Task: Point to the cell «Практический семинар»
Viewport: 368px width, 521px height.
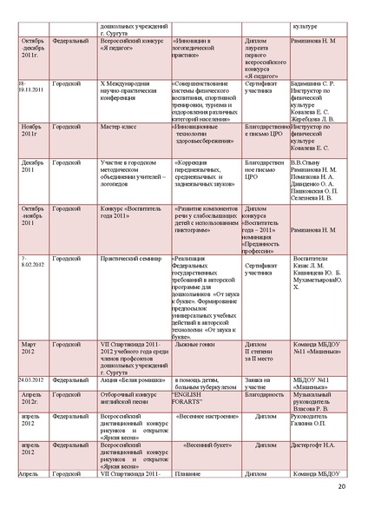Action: pyautogui.click(x=126, y=258)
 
